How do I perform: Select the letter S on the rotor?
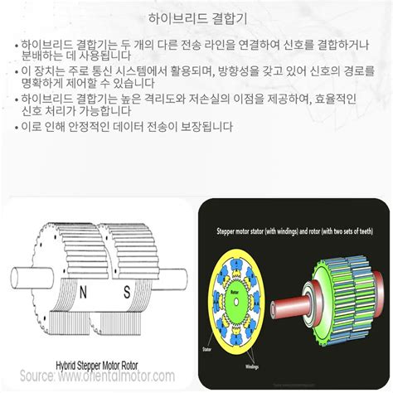point(127,291)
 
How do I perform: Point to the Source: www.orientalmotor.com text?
point(98,377)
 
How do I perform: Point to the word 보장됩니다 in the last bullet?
point(206,129)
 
